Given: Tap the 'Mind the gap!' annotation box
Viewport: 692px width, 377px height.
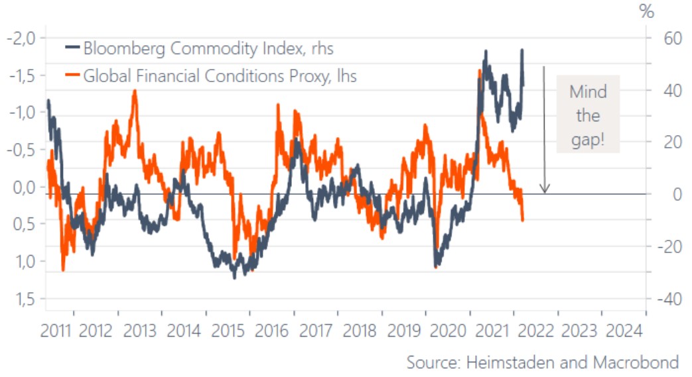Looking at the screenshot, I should click(x=587, y=117).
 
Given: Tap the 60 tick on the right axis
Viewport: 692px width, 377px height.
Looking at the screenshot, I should click(x=664, y=38).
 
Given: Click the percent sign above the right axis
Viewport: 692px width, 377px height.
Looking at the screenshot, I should click(x=646, y=12).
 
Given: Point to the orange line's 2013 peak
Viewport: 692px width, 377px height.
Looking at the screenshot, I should click(x=135, y=92).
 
